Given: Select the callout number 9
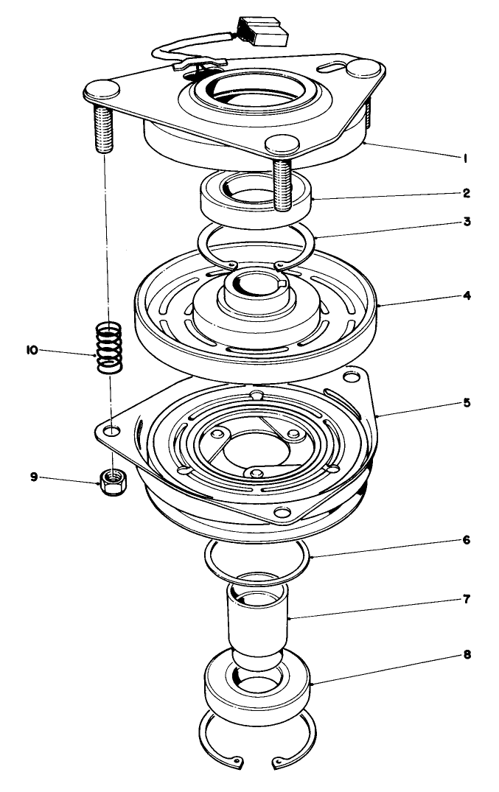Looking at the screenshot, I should coord(34,477).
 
